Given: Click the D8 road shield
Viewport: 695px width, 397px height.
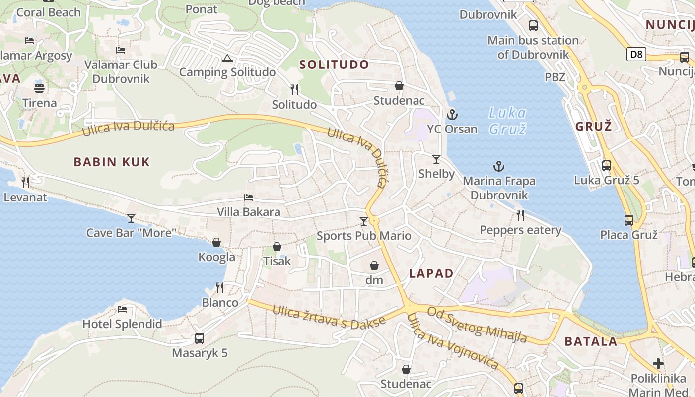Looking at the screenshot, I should pos(636,54).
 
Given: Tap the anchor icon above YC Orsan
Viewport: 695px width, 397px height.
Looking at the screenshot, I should pos(452,115).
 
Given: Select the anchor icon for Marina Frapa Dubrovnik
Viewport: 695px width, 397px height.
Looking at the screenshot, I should pos(499,166).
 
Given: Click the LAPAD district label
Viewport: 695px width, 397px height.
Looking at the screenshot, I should pos(431,273).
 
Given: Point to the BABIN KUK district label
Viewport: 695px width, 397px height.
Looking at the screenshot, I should pos(112,162).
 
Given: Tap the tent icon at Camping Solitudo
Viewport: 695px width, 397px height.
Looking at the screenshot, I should pos(227,58).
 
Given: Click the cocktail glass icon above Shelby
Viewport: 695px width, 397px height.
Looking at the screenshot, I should pos(436,159).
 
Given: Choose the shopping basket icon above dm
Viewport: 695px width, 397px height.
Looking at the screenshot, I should pos(374,265).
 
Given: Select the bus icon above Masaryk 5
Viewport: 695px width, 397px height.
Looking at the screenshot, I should pos(200,338).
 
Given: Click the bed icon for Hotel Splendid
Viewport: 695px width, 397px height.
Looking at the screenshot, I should pos(122,309).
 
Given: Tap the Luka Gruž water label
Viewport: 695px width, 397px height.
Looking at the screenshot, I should pos(507,121).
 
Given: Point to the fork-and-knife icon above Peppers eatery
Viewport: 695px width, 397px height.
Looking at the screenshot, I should pos(520,215).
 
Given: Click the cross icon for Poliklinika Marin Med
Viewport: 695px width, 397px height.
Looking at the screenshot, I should pos(658,364).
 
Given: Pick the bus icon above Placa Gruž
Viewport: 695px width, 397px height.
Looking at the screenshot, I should pos(629,220).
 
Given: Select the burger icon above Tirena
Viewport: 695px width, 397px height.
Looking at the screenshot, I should pos(39,88).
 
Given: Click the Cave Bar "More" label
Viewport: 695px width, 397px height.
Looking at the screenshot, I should pos(132,232).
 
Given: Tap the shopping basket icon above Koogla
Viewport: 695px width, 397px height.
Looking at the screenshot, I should pos(216,242).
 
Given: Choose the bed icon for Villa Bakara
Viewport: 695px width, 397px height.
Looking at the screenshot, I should pos(249,198).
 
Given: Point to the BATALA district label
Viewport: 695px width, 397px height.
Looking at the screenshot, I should pos(591,341).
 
